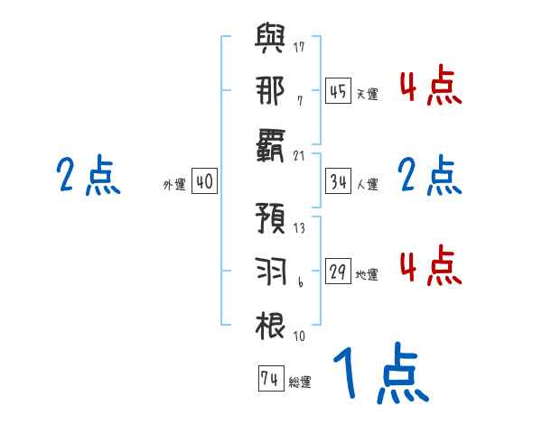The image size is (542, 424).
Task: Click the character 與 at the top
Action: pos(271,42)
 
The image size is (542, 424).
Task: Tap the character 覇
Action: pos(271,143)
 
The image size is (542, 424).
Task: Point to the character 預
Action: pos(271,220)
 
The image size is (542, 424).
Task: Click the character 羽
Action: pos(271,270)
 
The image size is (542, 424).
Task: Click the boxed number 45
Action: pos(338,91)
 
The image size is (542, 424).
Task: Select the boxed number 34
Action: pos(338,181)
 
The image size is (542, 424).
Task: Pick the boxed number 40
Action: pos(204,181)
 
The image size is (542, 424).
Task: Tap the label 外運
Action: pos(174,185)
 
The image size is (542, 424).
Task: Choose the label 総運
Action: pos(300,383)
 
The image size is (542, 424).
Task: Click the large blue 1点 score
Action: pos(379,376)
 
